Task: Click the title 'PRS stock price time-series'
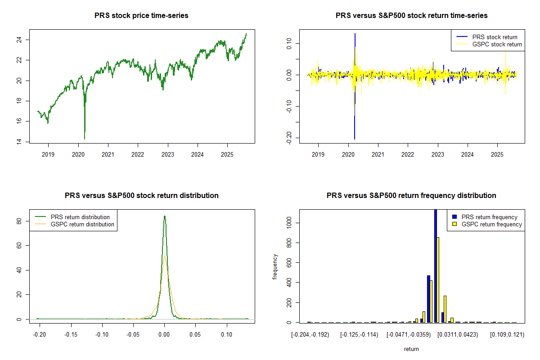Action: (x=141, y=15)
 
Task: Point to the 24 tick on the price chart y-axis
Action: (x=22, y=40)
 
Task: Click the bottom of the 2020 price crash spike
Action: (x=85, y=139)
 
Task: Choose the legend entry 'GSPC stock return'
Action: (x=497, y=44)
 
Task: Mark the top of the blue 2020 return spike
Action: (x=355, y=34)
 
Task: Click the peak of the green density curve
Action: (x=165, y=216)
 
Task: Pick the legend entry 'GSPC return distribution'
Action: (x=82, y=224)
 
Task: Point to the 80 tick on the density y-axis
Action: (x=22, y=221)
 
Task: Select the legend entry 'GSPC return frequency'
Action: (x=492, y=224)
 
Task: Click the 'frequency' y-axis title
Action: (x=275, y=266)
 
